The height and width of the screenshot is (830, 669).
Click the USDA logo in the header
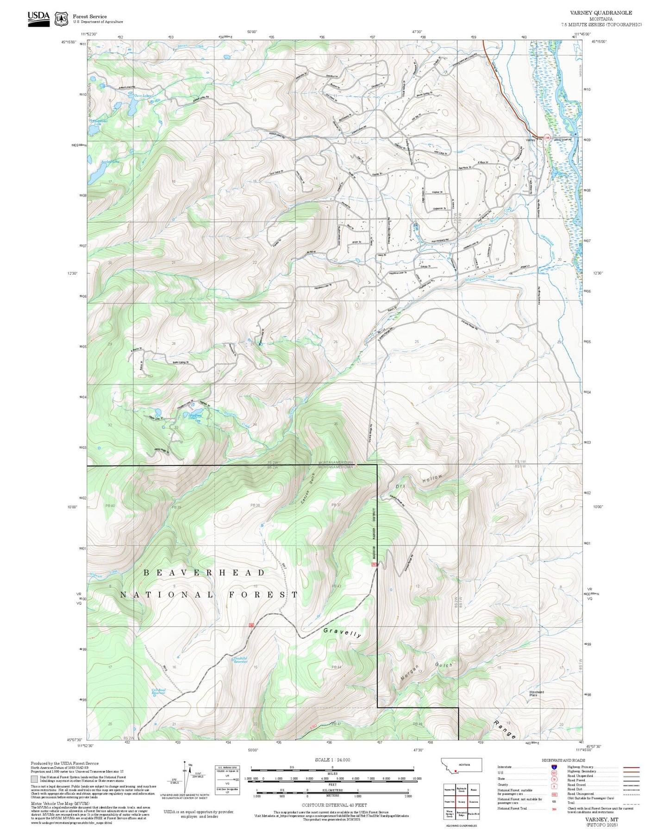[38, 19]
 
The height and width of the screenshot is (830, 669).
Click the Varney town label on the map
[531, 139]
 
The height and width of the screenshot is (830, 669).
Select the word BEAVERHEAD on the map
[204, 573]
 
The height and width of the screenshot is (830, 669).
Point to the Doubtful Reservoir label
[240, 660]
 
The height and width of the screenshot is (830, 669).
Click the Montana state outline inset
[461, 765]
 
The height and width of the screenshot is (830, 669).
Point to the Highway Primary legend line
[631, 767]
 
